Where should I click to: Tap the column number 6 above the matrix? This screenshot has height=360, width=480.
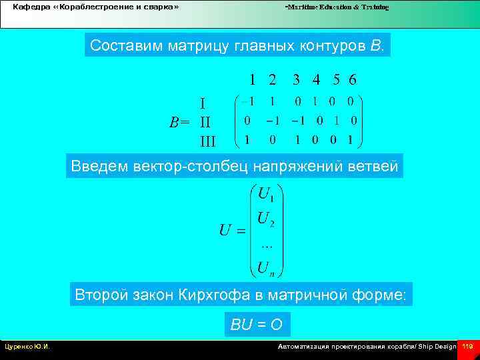pyautogui.click(x=353, y=79)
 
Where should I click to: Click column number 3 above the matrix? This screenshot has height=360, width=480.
pyautogui.click(x=296, y=79)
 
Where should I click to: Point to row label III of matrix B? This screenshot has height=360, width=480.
pyautogui.click(x=208, y=141)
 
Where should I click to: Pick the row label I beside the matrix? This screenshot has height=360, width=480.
pyautogui.click(x=203, y=103)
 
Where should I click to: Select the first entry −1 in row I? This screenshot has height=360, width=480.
pyautogui.click(x=247, y=102)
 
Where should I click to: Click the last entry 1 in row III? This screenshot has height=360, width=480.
pyautogui.click(x=351, y=141)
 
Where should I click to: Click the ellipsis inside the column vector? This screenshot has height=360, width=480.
pyautogui.click(x=265, y=242)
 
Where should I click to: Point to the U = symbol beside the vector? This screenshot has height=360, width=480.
pyautogui.click(x=232, y=231)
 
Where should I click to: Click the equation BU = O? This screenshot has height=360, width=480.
pyautogui.click(x=257, y=325)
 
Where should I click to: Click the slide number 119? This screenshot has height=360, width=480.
pyautogui.click(x=467, y=347)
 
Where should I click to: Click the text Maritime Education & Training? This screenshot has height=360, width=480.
pyautogui.click(x=337, y=7)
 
